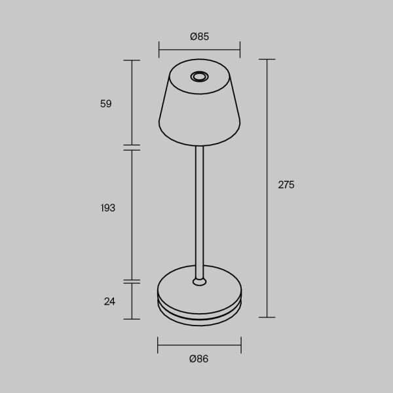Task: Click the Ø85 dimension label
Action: pyautogui.click(x=199, y=37)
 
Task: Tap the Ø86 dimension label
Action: pyautogui.click(x=199, y=358)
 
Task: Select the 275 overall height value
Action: pyautogui.click(x=286, y=185)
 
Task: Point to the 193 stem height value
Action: pyautogui.click(x=108, y=208)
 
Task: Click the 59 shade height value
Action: pyautogui.click(x=106, y=103)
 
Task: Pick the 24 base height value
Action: pyautogui.click(x=109, y=301)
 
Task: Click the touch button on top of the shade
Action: pyautogui.click(x=199, y=77)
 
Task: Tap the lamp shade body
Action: pyautogui.click(x=199, y=111)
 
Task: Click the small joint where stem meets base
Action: pyautogui.click(x=199, y=282)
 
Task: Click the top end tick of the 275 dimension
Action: pyautogui.click(x=267, y=60)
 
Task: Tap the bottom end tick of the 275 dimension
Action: pyautogui.click(x=267, y=317)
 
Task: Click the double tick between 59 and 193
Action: pyautogui.click(x=132, y=147)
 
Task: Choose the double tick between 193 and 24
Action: pyautogui.click(x=132, y=281)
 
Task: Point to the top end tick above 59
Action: pyautogui.click(x=132, y=60)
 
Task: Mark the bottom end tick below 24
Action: pyautogui.click(x=132, y=319)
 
